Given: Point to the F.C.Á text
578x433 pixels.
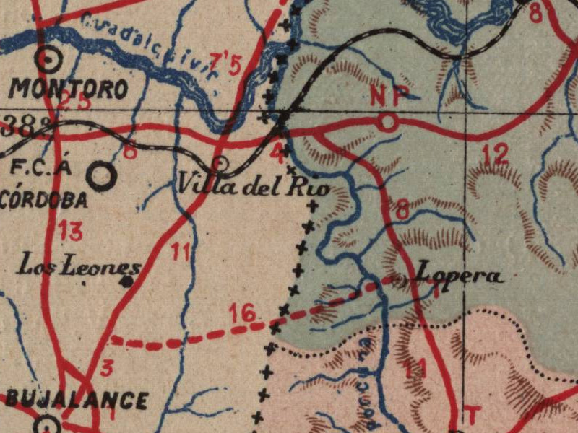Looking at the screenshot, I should (x=43, y=169).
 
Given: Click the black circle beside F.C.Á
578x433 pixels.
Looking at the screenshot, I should (x=101, y=174).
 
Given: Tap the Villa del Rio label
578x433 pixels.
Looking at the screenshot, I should (x=254, y=187).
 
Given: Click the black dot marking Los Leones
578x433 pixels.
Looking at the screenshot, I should (x=129, y=281).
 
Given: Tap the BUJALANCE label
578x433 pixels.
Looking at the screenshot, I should (x=77, y=401).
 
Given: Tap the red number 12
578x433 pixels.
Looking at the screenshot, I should (x=496, y=154).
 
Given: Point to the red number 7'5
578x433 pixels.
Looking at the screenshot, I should (x=225, y=64).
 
